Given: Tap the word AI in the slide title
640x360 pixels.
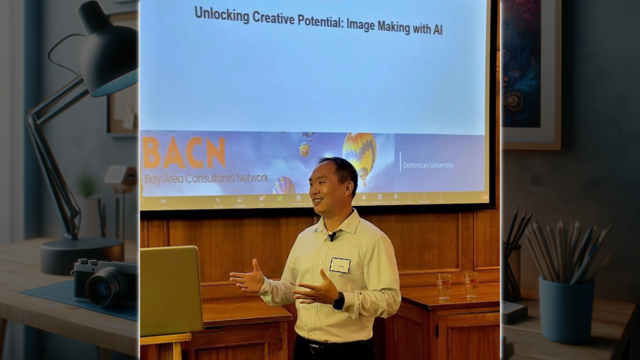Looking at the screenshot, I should click(437, 30).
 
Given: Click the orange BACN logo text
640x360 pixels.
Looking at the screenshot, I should click(184, 153).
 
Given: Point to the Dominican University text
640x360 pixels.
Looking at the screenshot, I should click(428, 165).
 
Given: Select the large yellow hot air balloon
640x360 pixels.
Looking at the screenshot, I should click(359, 151).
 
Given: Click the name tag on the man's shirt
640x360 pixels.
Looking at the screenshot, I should click(339, 265).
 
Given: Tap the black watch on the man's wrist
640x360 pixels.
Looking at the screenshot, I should click(339, 301).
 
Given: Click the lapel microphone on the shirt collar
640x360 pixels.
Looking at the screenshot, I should click(332, 235).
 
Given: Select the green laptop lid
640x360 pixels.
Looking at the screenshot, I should click(171, 291).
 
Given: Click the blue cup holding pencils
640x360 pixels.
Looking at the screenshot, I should click(566, 309).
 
